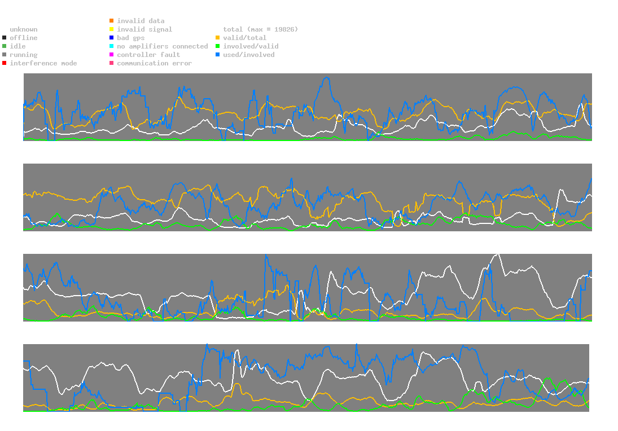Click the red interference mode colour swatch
pos(5,63)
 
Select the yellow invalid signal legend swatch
pos(112,29)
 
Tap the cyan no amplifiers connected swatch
pos(112,46)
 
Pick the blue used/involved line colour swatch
pos(218,55)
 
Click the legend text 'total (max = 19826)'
pos(260,29)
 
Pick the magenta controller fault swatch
pos(112,55)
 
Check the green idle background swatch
pos(5,46)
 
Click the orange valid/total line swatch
pos(218,38)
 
